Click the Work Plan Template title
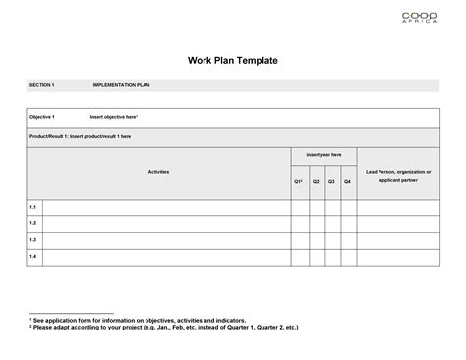click(233, 61)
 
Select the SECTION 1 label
click(42, 86)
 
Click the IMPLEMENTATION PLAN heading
click(121, 86)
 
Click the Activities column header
click(158, 172)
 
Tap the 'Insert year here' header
click(323, 155)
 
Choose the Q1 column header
click(299, 182)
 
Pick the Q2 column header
click(316, 182)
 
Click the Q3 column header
click(331, 182)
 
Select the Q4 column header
click(347, 182)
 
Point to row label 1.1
click(33, 207)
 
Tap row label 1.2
click(33, 223)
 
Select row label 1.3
click(33, 239)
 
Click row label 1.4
click(33, 256)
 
